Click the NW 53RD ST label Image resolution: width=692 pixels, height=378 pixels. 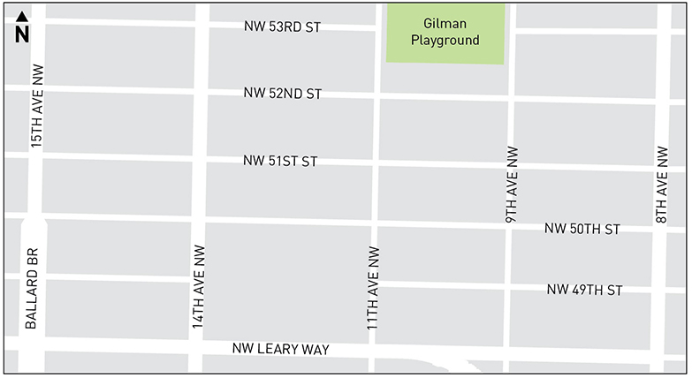pyautogui.click(x=281, y=27)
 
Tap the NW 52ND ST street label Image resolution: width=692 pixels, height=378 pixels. pyautogui.click(x=283, y=94)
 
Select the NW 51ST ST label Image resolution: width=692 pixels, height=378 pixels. pyautogui.click(x=280, y=162)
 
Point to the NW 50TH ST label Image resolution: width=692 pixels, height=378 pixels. pyautogui.click(x=582, y=230)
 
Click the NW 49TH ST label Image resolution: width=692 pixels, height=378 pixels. pyautogui.click(x=584, y=290)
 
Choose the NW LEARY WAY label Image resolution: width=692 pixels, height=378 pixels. pyautogui.click(x=280, y=350)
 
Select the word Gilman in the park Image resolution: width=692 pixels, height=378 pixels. pyautogui.click(x=445, y=25)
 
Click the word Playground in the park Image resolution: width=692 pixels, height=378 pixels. pyautogui.click(x=445, y=40)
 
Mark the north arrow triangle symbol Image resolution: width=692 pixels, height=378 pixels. pyautogui.click(x=22, y=16)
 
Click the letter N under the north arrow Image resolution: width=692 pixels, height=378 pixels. pyautogui.click(x=22, y=34)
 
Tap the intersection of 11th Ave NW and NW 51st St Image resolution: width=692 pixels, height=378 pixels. pyautogui.click(x=376, y=163)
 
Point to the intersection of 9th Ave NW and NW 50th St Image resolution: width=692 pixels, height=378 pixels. pyautogui.click(x=509, y=226)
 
